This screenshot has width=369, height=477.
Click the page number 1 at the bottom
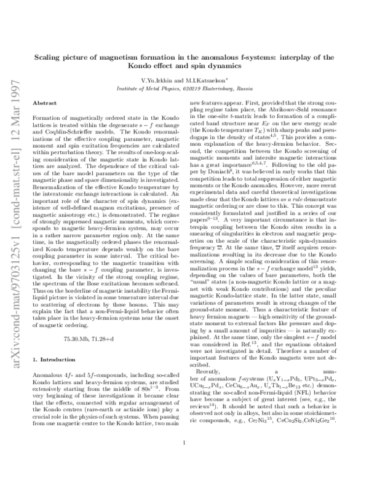[x=184, y=459]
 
